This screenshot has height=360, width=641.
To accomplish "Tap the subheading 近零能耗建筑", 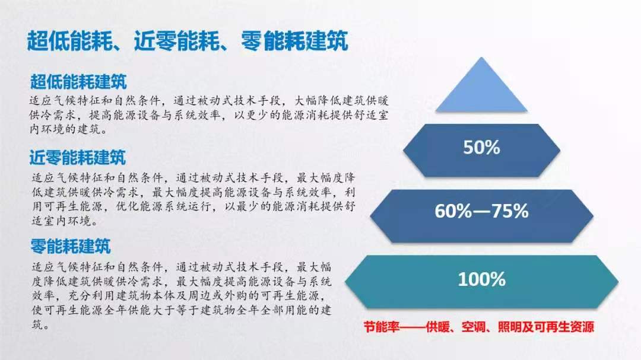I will [x=78, y=158].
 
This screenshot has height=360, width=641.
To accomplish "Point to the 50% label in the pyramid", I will [x=482, y=148].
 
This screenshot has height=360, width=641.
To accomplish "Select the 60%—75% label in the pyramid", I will [x=481, y=211].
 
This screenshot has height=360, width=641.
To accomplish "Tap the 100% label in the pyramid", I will [x=481, y=279].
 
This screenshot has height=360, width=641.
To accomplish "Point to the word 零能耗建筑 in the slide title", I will [x=294, y=42].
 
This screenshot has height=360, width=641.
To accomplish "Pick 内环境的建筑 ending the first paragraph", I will [x=63, y=128].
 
